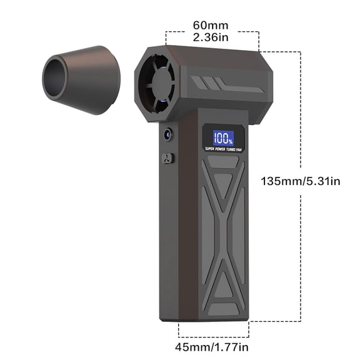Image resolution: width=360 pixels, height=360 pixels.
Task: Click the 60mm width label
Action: (211, 25)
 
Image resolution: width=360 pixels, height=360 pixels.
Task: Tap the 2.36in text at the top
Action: (211, 37)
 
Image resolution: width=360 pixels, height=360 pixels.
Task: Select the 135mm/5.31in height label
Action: (300, 181)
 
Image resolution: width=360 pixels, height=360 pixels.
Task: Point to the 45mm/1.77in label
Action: (212, 347)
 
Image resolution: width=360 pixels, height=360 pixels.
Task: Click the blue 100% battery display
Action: (223, 138)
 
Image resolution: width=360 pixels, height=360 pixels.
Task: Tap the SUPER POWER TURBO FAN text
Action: (223, 149)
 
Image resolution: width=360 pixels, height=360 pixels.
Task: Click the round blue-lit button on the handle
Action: (168, 134)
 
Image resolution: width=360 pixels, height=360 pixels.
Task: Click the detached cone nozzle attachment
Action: (81, 80)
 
